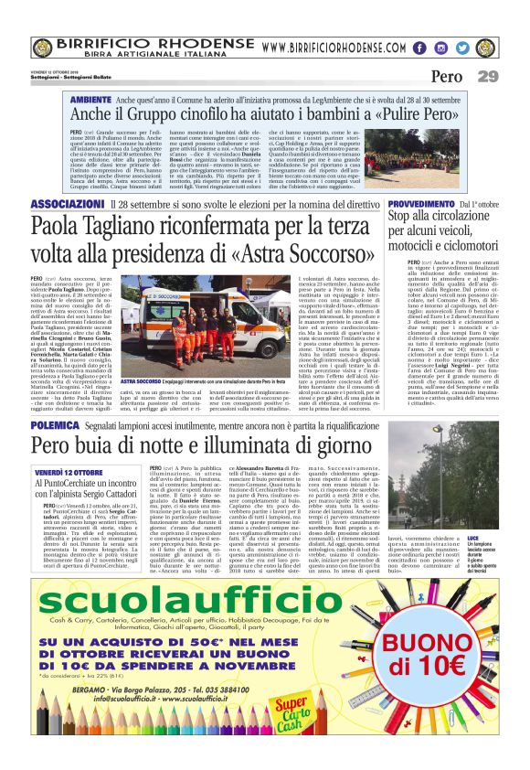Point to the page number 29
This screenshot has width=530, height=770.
click(488, 77)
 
